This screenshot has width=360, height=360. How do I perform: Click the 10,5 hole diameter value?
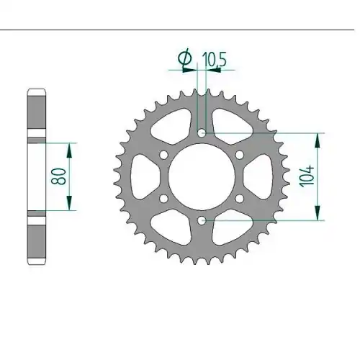click(x=215, y=60)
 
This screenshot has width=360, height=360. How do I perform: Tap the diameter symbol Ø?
click(x=185, y=58)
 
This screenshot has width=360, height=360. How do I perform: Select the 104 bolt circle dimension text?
click(x=307, y=176)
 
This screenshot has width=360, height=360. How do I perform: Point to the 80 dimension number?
click(x=58, y=176)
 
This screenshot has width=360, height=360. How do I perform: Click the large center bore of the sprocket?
click(x=202, y=176)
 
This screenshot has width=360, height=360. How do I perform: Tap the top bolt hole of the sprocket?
click(x=202, y=132)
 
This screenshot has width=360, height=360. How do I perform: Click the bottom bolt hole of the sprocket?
click(x=202, y=220)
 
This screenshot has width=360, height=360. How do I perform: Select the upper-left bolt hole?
click(x=164, y=155)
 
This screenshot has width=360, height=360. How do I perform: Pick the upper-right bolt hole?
click(x=239, y=155)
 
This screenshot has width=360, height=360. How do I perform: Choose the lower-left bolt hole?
click(x=164, y=199)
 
